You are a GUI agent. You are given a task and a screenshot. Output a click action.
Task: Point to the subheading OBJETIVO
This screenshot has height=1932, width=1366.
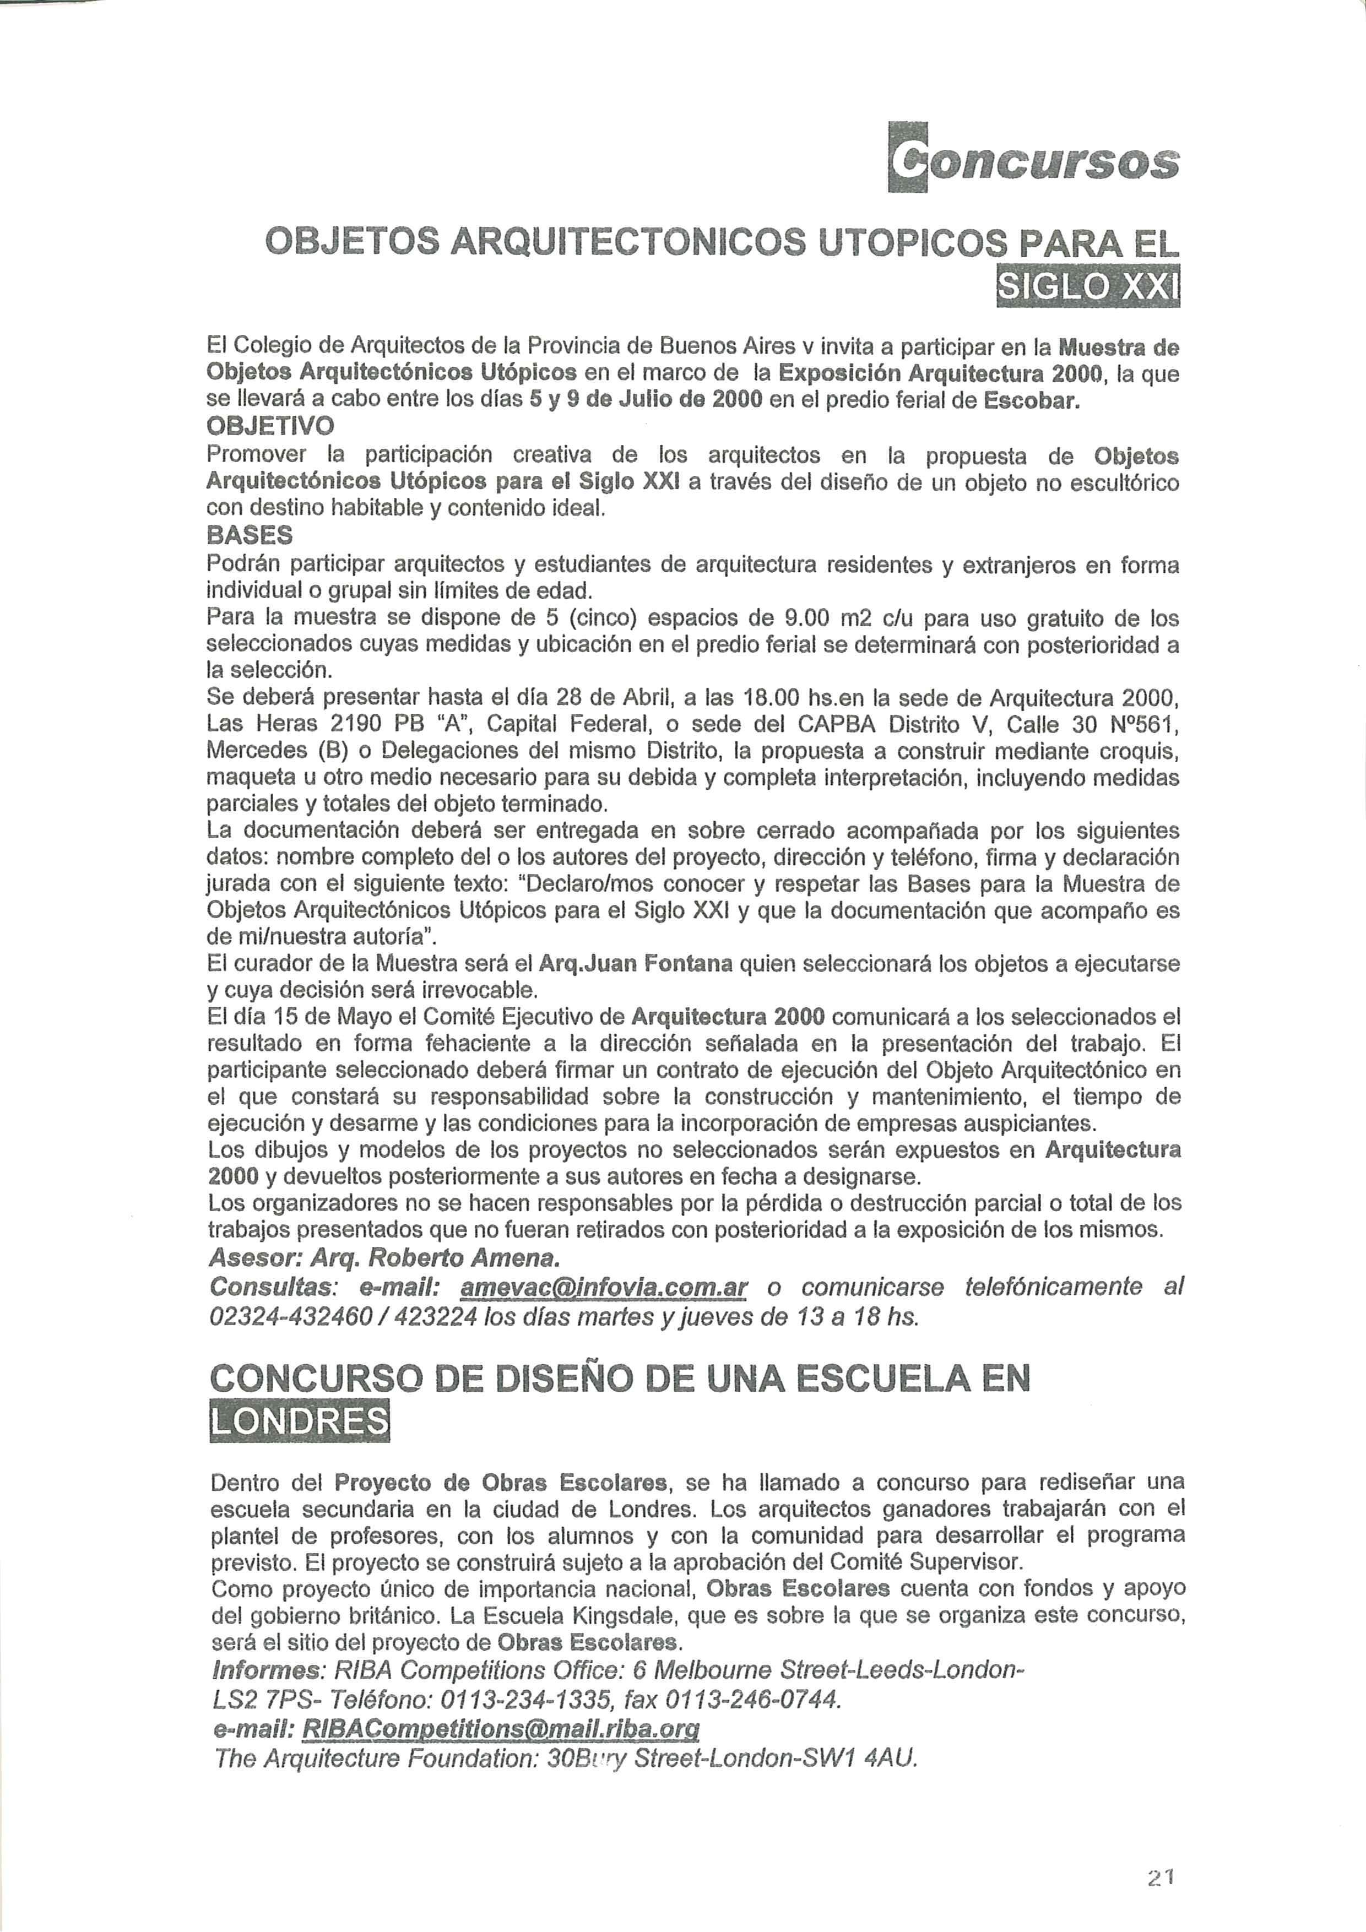coord(269,427)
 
